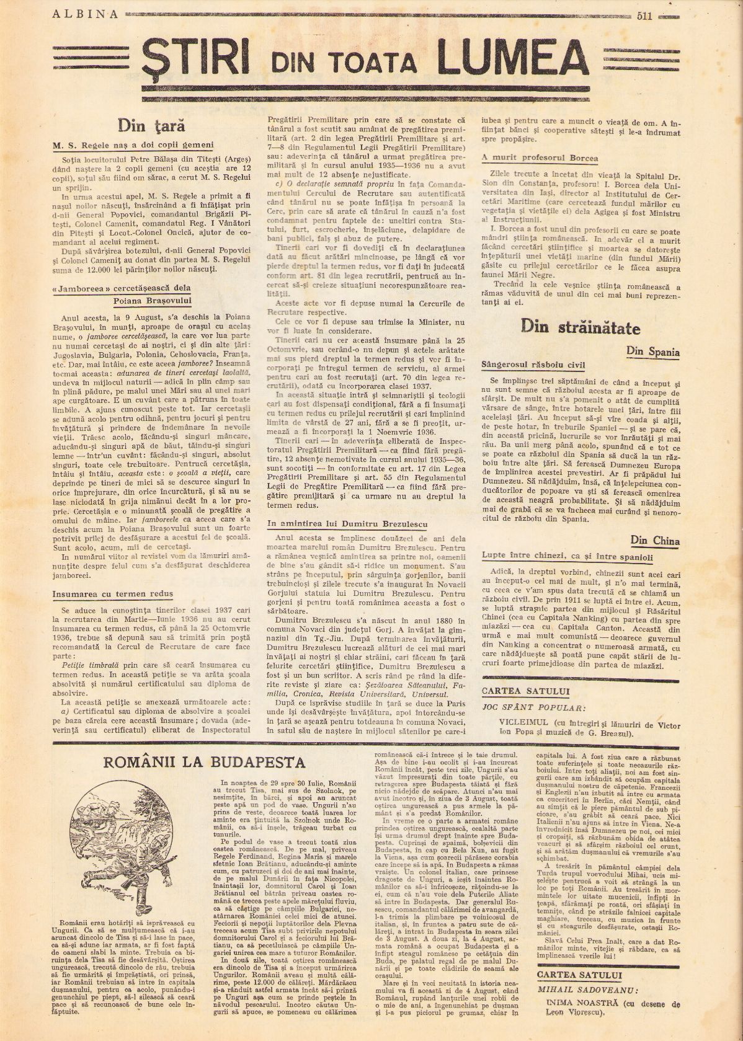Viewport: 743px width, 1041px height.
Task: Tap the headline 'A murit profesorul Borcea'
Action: (x=540, y=158)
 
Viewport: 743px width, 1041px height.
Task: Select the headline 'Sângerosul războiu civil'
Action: (x=533, y=365)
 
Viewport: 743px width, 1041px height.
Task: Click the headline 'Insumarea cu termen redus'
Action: (x=113, y=593)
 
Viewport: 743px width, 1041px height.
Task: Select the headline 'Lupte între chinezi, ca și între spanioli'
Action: (x=567, y=557)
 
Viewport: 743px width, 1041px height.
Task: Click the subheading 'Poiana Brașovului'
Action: (x=153, y=301)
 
